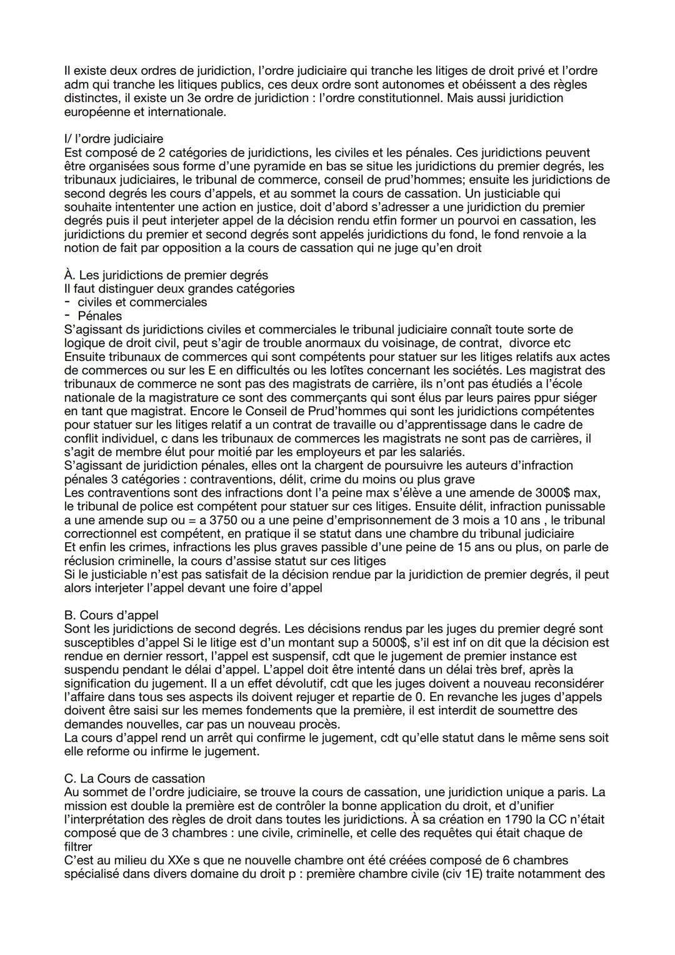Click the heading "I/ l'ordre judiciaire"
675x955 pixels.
coord(113,139)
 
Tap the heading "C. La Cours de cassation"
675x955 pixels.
coord(134,778)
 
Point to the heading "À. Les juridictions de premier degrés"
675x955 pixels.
coord(166,275)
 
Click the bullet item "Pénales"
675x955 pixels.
coord(100,316)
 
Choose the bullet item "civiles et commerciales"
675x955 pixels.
coord(142,302)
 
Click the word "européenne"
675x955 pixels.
coord(96,112)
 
